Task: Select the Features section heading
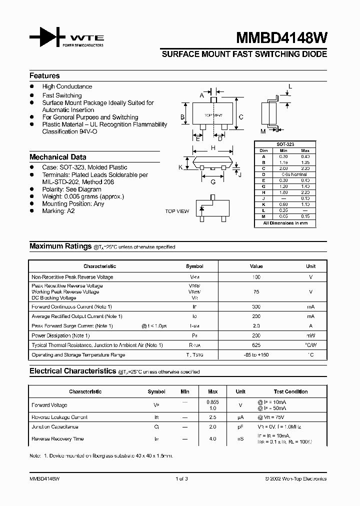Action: coord(44,76)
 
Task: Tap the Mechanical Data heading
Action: coord(57,157)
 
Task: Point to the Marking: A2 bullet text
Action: coord(58,211)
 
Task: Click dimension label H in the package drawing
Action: coord(213,148)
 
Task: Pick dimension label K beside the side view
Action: coord(180,167)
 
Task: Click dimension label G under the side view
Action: coord(213,182)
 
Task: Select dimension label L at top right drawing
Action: coord(290,86)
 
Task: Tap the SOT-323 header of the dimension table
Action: coord(285,144)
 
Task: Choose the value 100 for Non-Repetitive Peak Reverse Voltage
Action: coord(256,277)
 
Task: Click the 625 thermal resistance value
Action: coord(256,345)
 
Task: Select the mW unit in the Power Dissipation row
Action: coord(310,335)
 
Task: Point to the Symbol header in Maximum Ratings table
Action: coord(194,266)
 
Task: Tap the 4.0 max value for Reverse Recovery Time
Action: coord(212,439)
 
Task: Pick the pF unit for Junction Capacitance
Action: coord(240,427)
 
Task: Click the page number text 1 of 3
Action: coord(181,478)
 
